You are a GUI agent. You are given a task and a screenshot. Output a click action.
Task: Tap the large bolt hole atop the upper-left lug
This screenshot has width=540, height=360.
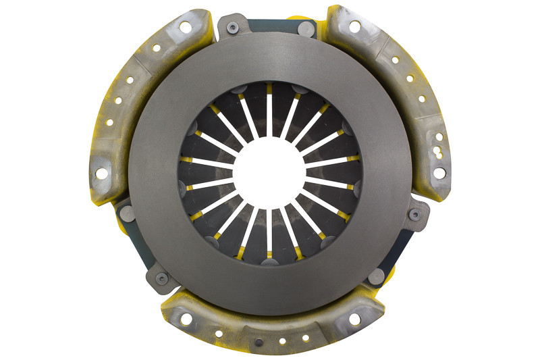coord(184,27)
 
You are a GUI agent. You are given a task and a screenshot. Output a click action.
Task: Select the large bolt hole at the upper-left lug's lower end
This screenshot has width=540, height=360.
coord(101,174)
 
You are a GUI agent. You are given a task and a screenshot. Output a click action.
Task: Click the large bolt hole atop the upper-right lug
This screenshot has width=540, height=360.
coord(354,26)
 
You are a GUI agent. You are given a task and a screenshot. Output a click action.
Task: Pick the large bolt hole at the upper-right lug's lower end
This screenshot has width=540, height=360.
coord(439,173)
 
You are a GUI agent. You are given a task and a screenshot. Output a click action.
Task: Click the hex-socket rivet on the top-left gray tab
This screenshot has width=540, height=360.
coord(233,28)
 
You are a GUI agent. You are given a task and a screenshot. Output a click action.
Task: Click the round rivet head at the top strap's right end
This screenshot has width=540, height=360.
coord(305,28)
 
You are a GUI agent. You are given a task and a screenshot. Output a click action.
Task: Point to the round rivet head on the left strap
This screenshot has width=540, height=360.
coord(126,214)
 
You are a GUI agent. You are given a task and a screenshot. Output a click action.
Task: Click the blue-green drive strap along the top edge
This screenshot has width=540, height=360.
coord(270,26)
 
